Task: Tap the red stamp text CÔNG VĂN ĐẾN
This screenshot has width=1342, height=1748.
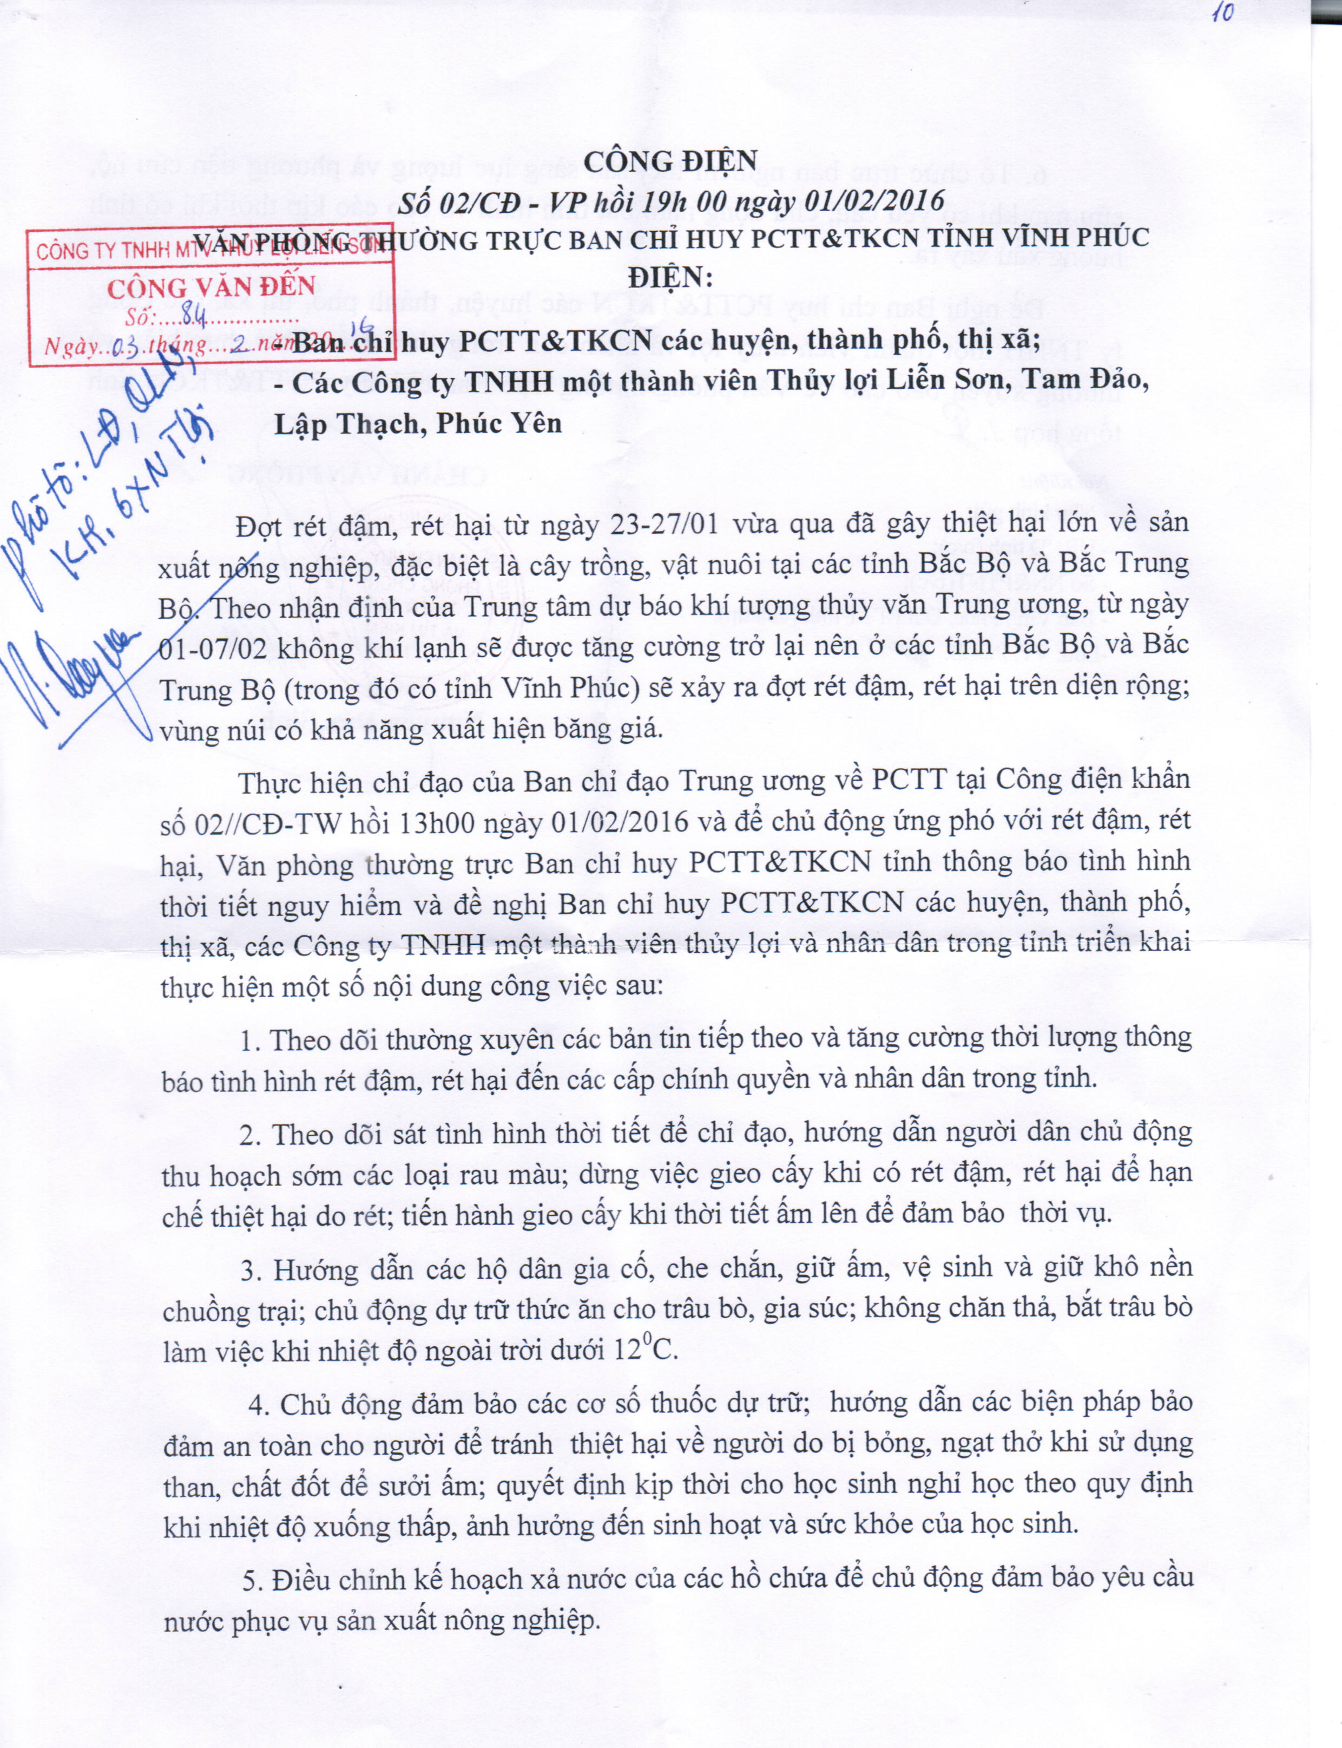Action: [x=212, y=287]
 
